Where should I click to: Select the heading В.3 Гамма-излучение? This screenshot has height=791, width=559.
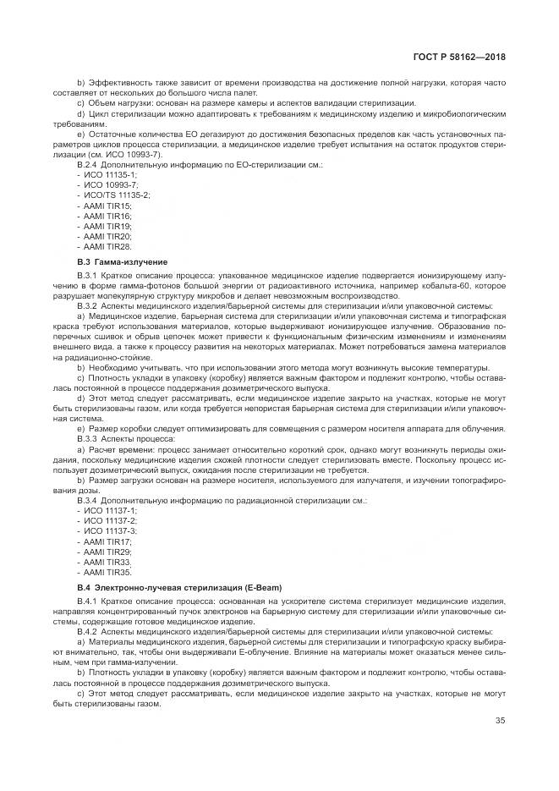(122, 262)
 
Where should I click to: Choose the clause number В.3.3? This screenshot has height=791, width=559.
(88, 439)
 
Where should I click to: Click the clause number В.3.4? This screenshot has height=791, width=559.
(88, 499)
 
